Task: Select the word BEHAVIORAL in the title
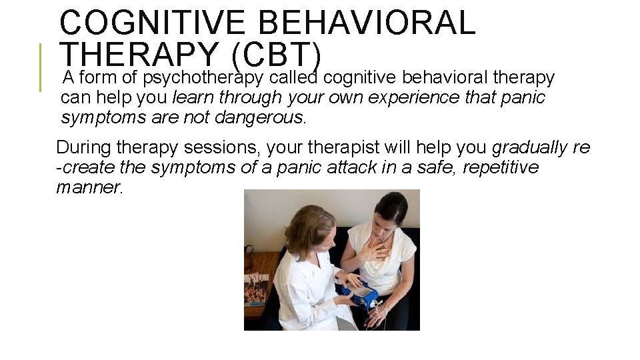tap(367, 23)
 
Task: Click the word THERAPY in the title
tap(138, 53)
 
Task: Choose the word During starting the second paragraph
tap(83, 147)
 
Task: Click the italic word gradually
tap(530, 147)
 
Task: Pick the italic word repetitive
tap(500, 167)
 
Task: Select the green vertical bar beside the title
tap(40, 67)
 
